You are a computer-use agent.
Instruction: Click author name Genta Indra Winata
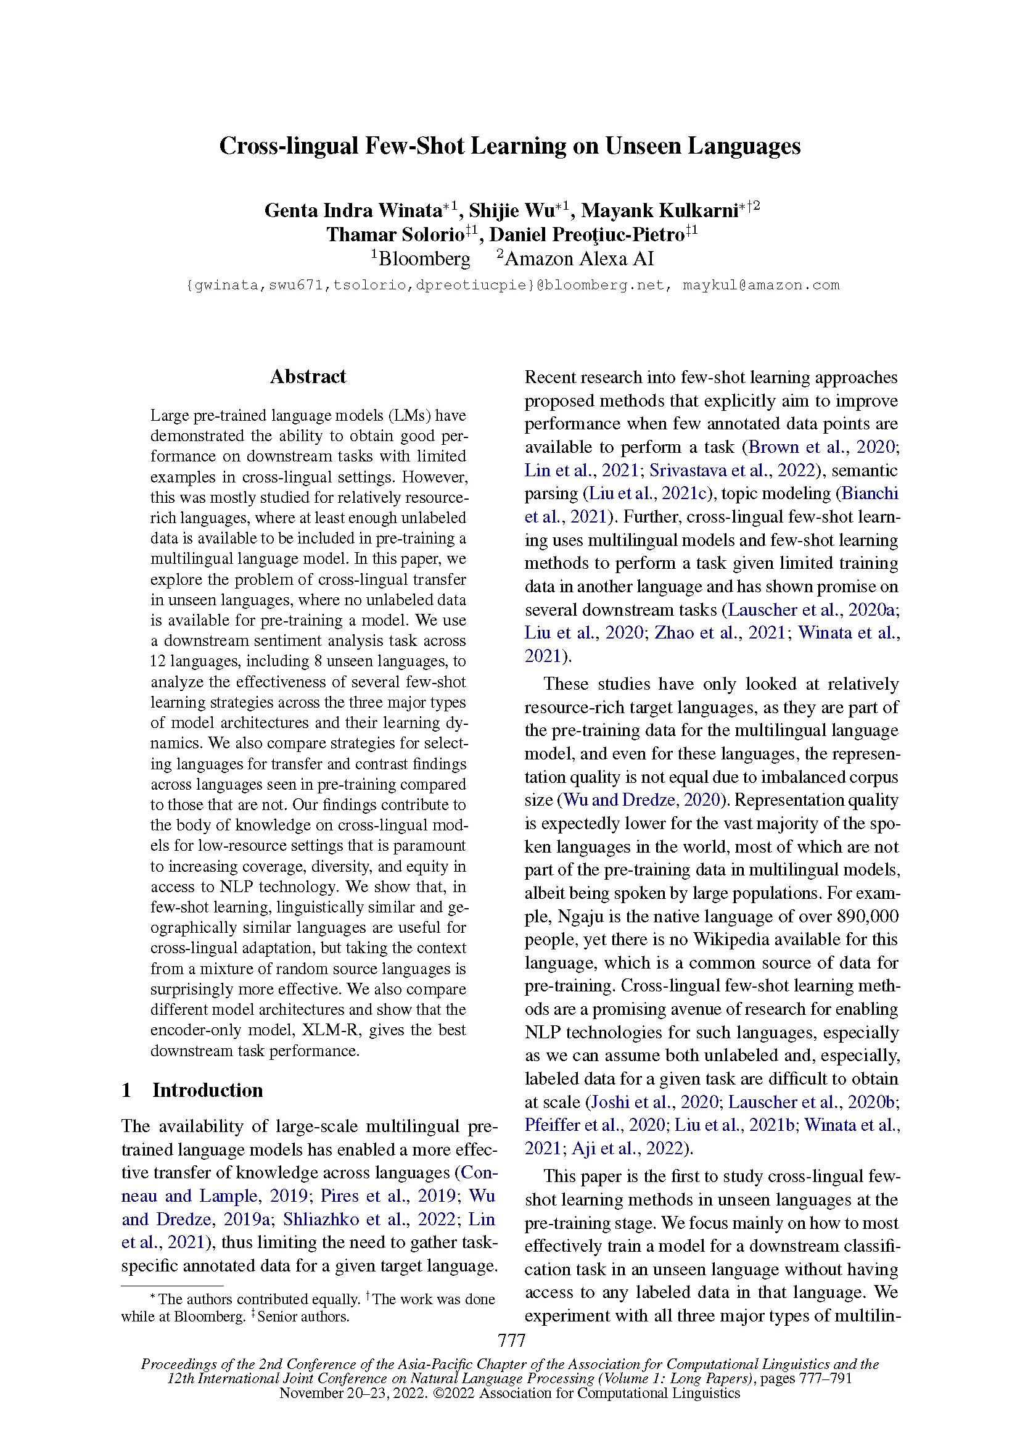pos(352,210)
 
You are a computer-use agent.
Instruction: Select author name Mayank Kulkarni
pos(659,210)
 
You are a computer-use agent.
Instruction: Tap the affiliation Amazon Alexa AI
pos(579,259)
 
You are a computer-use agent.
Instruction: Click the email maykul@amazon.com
pos(760,286)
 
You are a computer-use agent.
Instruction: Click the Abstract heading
pos(308,376)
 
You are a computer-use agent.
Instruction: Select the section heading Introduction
pos(207,1090)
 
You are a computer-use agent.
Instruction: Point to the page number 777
pos(511,1341)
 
